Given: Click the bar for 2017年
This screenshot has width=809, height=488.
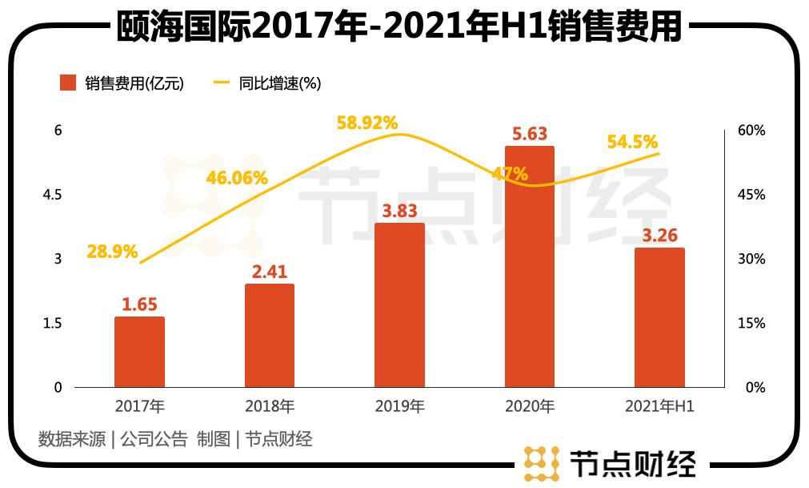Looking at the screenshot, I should [x=139, y=352].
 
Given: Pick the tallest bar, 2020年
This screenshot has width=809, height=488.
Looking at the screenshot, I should [x=529, y=266].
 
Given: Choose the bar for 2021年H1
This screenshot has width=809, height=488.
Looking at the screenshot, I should [x=659, y=317].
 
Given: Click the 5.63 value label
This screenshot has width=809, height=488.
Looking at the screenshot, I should [x=529, y=134].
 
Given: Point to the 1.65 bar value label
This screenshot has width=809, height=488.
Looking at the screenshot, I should [x=139, y=304].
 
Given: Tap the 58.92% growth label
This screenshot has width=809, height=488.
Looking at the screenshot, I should [x=366, y=123].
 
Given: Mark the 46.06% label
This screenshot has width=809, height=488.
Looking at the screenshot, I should [x=237, y=178].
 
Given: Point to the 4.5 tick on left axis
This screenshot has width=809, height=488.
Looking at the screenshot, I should [x=58, y=195].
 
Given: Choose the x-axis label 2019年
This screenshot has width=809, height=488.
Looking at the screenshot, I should [x=399, y=406].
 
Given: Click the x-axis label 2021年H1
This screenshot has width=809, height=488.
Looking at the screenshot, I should [x=659, y=406].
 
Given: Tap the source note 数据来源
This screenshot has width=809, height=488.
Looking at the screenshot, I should [x=71, y=438].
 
